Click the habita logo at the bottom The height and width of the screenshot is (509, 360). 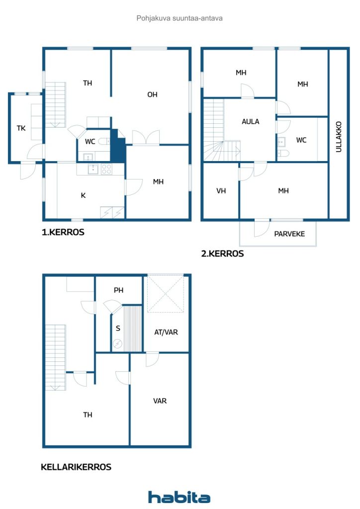179,497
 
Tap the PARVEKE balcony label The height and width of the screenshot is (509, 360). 289,234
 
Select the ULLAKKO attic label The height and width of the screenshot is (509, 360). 339,137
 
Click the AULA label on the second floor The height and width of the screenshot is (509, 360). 250,121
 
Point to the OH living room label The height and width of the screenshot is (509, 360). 152,94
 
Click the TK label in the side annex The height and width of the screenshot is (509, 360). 21,128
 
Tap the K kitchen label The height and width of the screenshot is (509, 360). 83,195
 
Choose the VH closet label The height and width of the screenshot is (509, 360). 221,191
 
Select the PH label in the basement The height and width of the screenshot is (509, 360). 118,290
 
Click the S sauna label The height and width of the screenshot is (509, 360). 118,328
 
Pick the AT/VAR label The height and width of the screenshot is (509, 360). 166,332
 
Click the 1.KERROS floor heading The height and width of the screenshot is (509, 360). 63,232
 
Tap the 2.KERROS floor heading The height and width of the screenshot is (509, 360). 222,254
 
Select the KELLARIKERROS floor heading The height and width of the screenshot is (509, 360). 76,467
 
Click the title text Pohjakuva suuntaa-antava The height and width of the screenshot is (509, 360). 180,18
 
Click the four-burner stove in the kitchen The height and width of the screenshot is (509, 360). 107,169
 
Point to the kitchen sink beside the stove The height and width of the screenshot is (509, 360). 93,169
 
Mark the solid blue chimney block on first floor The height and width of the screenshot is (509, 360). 118,146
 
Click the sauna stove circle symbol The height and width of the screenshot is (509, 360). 117,344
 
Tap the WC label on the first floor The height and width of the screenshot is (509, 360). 90,142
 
